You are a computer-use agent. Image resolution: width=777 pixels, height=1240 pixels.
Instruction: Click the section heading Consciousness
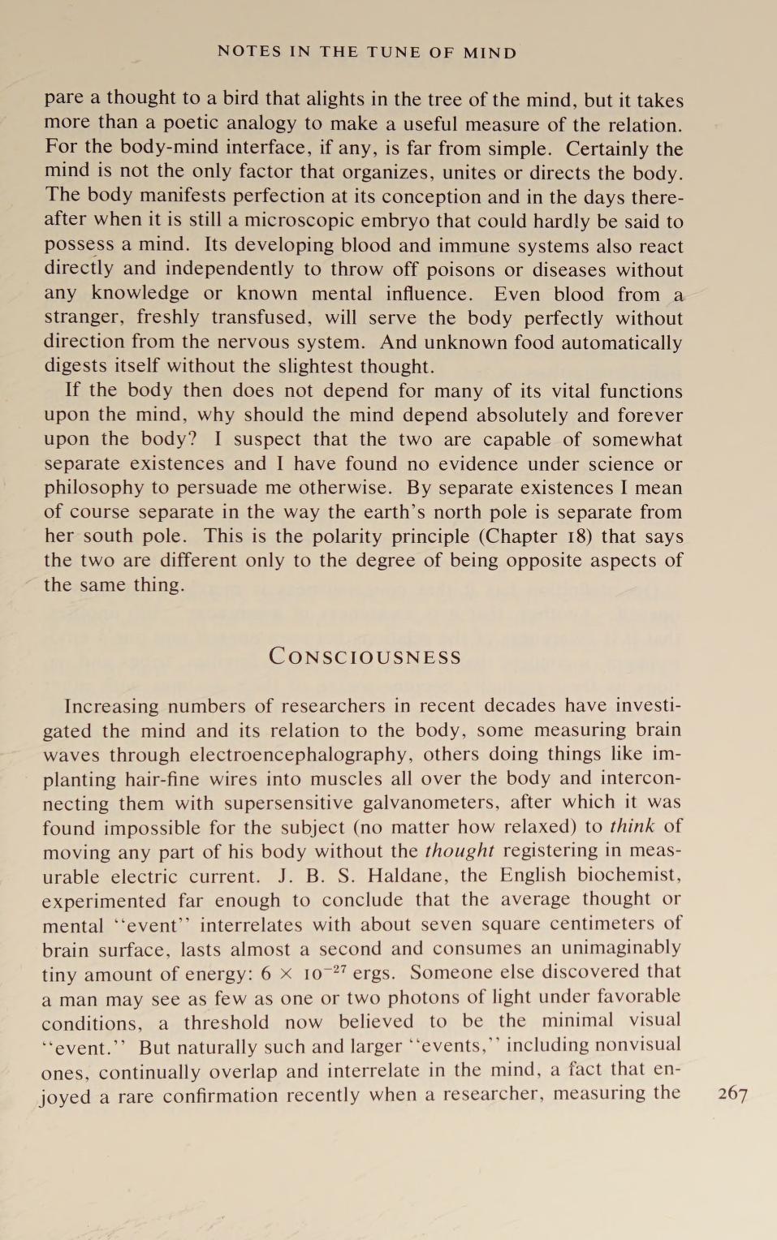(365, 657)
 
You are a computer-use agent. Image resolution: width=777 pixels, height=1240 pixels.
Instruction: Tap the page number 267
(732, 1094)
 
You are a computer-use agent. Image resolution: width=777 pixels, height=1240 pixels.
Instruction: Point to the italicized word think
(632, 826)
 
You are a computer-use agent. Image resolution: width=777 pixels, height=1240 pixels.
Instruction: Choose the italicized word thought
(459, 850)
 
